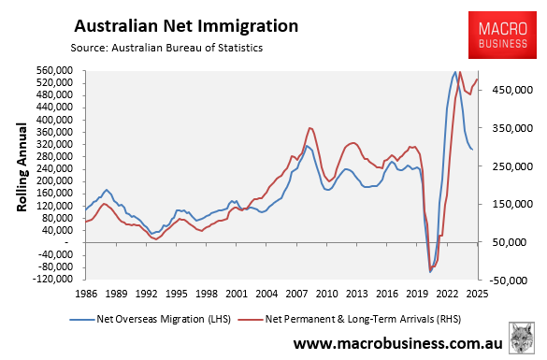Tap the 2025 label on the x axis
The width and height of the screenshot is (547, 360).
pos(478,292)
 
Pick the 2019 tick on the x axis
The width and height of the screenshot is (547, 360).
pos(417,292)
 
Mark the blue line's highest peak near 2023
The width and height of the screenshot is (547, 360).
pos(454,71)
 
